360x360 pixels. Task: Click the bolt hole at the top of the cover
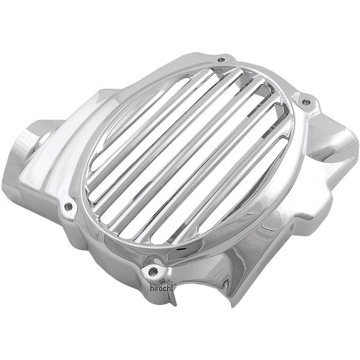(x=221, y=59)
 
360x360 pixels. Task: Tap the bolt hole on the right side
(x=306, y=102)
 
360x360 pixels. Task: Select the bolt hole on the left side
(x=68, y=206)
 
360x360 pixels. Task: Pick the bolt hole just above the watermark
(x=153, y=272)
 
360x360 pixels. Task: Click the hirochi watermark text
(x=161, y=288)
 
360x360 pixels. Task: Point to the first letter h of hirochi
(x=152, y=288)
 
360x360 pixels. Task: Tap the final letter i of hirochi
(x=171, y=288)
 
